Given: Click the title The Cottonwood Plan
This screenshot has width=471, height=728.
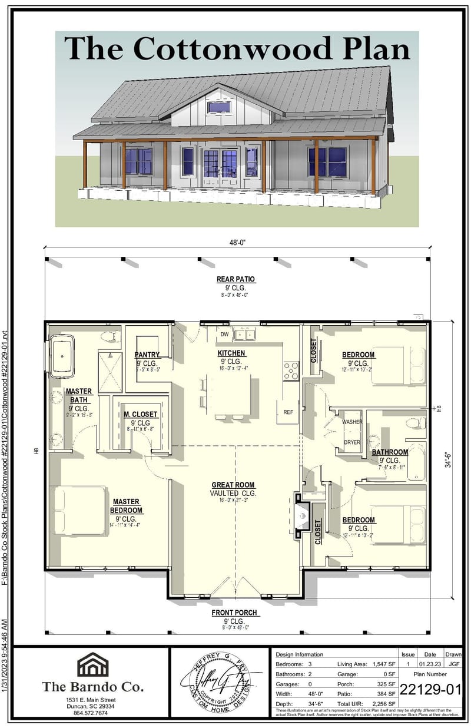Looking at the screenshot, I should (237, 48).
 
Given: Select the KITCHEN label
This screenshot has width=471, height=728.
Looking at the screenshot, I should (231, 353).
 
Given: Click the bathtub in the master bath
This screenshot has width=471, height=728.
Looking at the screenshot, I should (62, 356).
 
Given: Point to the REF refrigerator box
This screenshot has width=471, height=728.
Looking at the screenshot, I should (288, 412).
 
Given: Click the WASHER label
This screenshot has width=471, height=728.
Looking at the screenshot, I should (352, 422).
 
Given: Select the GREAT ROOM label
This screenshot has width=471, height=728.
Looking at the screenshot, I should (233, 485).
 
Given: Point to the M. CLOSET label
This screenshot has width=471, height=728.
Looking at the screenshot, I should (140, 415).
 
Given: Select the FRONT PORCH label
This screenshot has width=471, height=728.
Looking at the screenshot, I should (234, 613).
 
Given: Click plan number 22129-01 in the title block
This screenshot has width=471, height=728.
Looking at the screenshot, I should (430, 689).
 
